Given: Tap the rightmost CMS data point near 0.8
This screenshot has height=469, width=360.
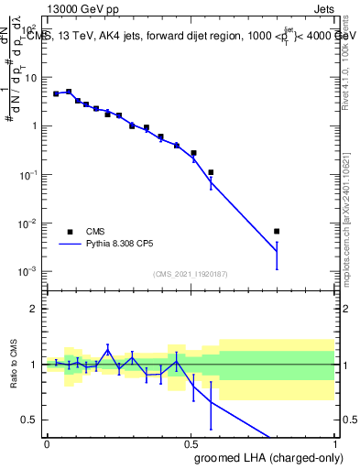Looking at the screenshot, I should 277,231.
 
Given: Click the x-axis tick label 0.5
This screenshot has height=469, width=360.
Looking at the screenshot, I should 191,442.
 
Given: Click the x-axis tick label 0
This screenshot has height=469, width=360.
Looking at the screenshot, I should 47,442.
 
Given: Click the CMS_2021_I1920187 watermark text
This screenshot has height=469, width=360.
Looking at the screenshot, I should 190,274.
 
